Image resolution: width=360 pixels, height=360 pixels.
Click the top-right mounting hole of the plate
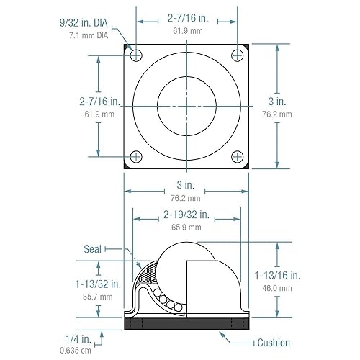(x=238, y=55)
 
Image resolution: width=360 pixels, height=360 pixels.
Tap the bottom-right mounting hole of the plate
(x=238, y=156)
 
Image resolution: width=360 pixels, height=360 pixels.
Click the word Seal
(x=93, y=248)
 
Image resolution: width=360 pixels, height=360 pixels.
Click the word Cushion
(x=273, y=343)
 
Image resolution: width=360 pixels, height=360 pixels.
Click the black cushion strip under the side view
(x=187, y=324)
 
